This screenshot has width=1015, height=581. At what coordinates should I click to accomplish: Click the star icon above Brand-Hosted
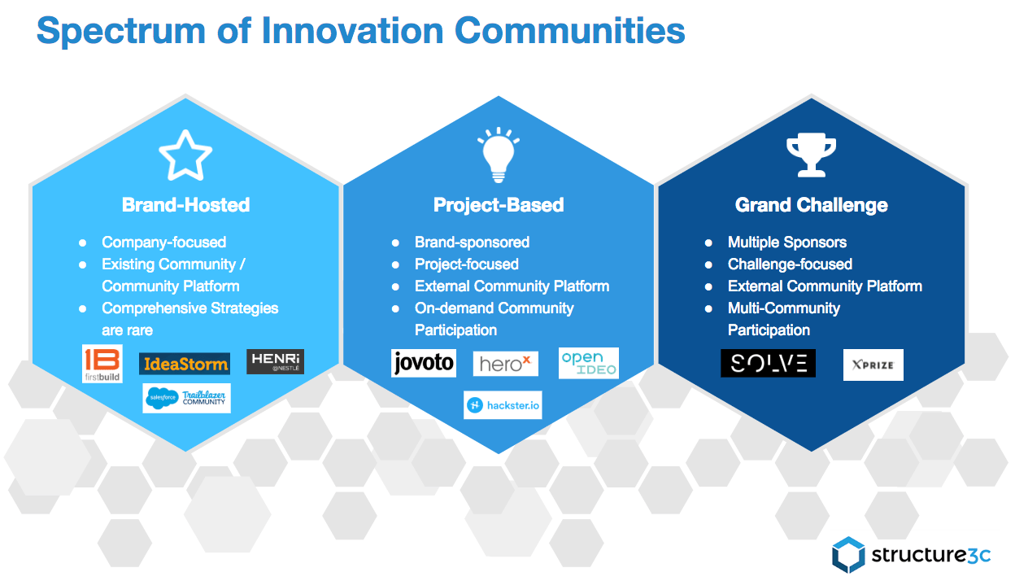185,156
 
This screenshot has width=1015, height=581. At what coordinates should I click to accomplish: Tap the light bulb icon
499,155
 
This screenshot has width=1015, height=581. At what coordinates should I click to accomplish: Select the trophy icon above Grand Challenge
811,155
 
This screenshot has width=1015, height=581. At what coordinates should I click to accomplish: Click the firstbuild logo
102,364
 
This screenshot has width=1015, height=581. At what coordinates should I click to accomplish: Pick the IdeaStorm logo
185,364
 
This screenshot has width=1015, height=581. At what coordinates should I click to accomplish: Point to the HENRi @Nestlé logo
275,361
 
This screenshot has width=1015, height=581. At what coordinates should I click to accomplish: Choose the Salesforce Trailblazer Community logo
186,399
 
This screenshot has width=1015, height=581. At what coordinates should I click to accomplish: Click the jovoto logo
424,363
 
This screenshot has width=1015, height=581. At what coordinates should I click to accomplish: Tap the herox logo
506,364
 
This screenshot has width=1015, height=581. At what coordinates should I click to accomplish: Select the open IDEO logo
589,363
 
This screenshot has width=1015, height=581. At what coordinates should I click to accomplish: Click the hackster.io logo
503,405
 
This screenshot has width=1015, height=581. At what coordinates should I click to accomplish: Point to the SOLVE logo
768,363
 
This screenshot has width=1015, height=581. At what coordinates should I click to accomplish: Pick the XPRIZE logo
873,365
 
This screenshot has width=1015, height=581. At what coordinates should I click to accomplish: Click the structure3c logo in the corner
911,555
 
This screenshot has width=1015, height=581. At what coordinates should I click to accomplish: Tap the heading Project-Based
499,205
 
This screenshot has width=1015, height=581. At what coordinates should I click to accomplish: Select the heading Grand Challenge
811,205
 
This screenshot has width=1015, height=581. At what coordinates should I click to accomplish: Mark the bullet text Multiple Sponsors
787,242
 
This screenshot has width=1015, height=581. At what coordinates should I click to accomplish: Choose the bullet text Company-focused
164,242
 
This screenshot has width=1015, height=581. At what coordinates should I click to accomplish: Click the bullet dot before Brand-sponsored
395,243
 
